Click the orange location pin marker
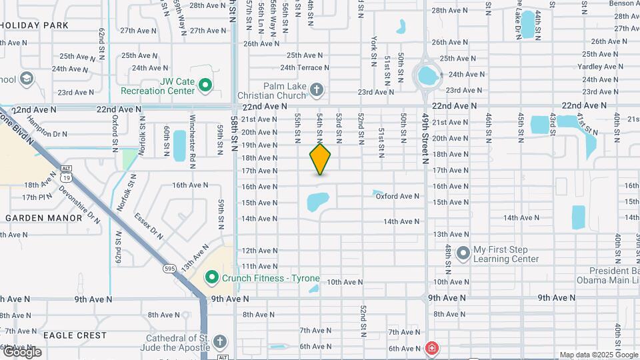(x=320, y=159)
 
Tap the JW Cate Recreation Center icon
(x=205, y=85)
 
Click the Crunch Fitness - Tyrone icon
(x=212, y=277)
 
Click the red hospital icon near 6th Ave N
(x=432, y=348)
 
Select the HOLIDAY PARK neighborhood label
(x=35, y=25)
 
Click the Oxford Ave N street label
(x=397, y=196)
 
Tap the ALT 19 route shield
(x=65, y=174)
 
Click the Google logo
(x=21, y=351)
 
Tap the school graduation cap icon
(x=27, y=79)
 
